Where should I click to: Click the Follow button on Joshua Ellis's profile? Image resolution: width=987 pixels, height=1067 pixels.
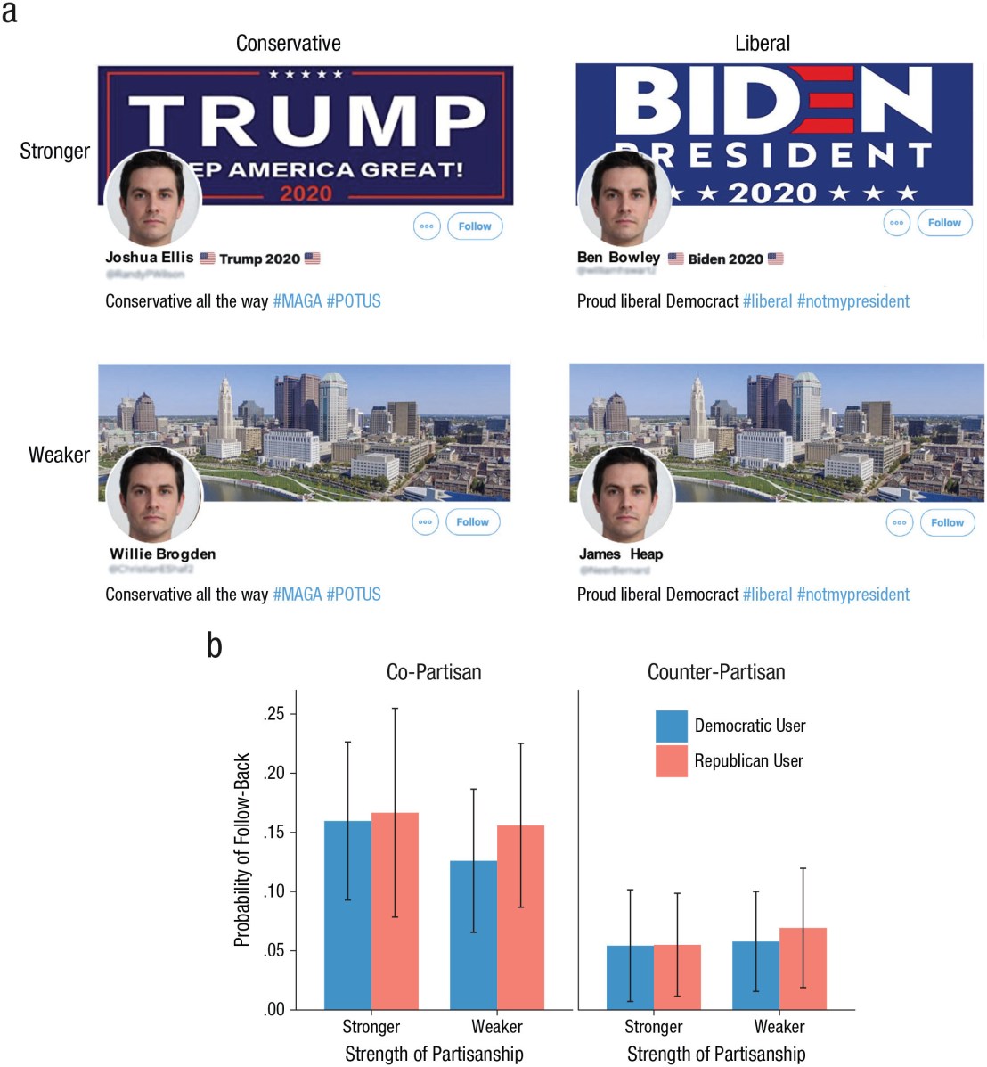click(475, 226)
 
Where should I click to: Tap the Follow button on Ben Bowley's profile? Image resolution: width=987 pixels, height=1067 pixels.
click(944, 223)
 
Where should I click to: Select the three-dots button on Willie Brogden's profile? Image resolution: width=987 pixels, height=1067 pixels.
click(426, 522)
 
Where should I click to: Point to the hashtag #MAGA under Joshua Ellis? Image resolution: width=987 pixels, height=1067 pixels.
click(297, 301)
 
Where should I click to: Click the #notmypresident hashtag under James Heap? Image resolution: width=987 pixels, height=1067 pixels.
click(852, 595)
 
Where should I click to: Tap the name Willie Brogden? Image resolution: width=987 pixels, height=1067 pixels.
click(162, 554)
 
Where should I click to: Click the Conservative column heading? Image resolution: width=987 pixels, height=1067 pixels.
click(288, 43)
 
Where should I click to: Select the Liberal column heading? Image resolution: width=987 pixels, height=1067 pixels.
click(762, 43)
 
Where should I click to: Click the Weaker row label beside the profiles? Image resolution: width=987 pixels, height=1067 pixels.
click(59, 455)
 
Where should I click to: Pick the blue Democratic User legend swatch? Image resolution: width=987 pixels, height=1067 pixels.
click(671, 726)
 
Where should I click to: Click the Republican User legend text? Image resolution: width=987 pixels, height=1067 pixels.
click(748, 760)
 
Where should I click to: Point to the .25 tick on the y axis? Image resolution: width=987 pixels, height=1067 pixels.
click(274, 714)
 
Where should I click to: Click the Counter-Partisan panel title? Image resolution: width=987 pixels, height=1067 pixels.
click(716, 672)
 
